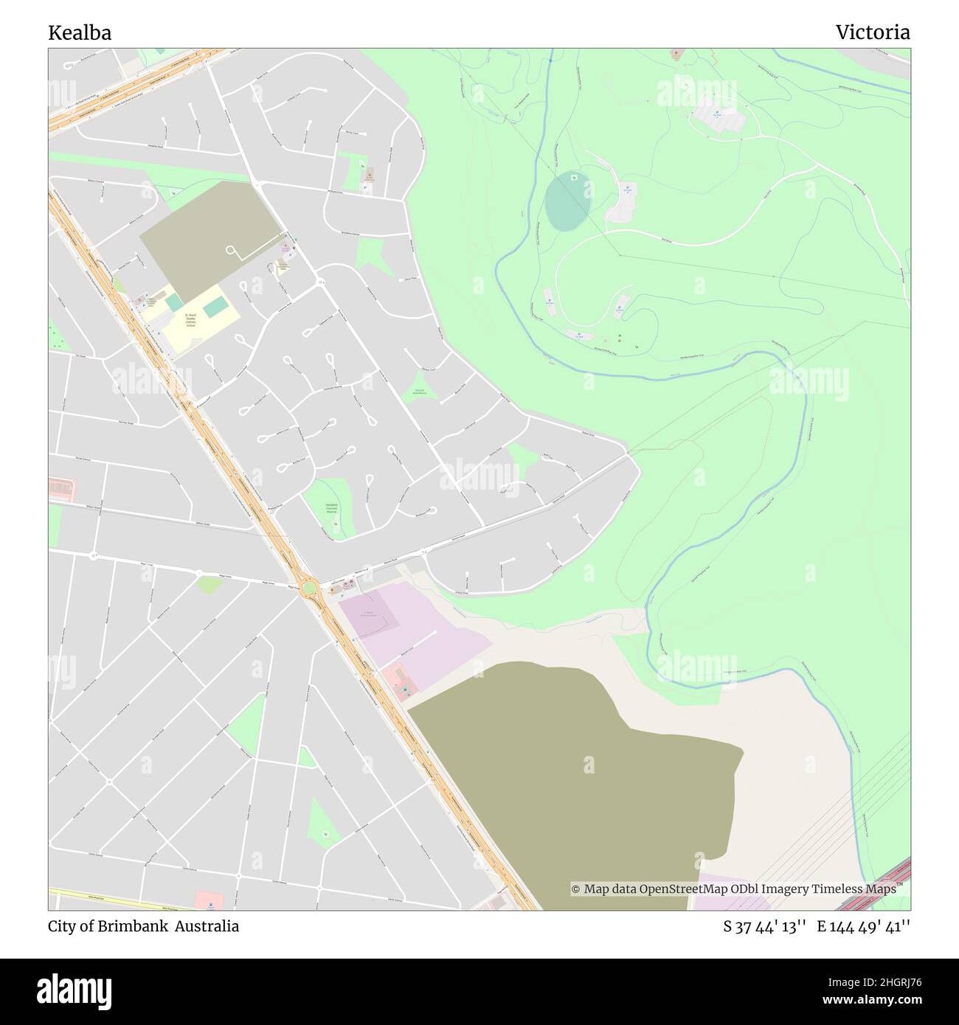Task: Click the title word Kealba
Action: click(x=80, y=32)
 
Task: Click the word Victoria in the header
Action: click(x=872, y=32)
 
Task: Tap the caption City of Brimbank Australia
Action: click(x=144, y=926)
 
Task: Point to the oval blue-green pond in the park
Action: click(x=567, y=201)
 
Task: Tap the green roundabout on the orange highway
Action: click(x=309, y=588)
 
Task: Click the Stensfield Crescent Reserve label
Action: click(x=332, y=508)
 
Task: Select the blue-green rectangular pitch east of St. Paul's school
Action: click(x=215, y=307)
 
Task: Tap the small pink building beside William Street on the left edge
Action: click(x=63, y=487)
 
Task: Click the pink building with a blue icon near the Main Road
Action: click(x=210, y=900)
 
